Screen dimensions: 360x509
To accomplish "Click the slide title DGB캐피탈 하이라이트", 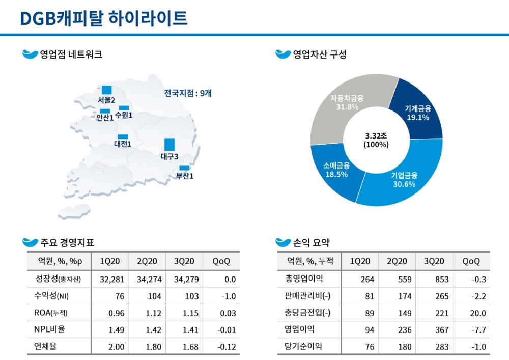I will tap(104, 18).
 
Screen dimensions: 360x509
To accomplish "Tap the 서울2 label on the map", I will tap(106, 100).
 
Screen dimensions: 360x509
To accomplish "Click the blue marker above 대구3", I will tap(169, 145).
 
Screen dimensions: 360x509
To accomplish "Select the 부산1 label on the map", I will tap(185, 176).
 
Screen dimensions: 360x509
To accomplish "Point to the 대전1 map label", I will tap(123, 144).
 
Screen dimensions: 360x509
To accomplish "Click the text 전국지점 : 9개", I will tap(187, 93).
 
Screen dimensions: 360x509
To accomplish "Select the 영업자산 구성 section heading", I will tap(319, 54).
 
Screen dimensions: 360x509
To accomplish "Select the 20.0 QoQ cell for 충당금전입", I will tap(471, 313).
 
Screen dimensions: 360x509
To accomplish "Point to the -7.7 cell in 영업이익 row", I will tap(471, 330).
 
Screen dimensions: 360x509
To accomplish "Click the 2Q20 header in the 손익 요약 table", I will tap(397, 261).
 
